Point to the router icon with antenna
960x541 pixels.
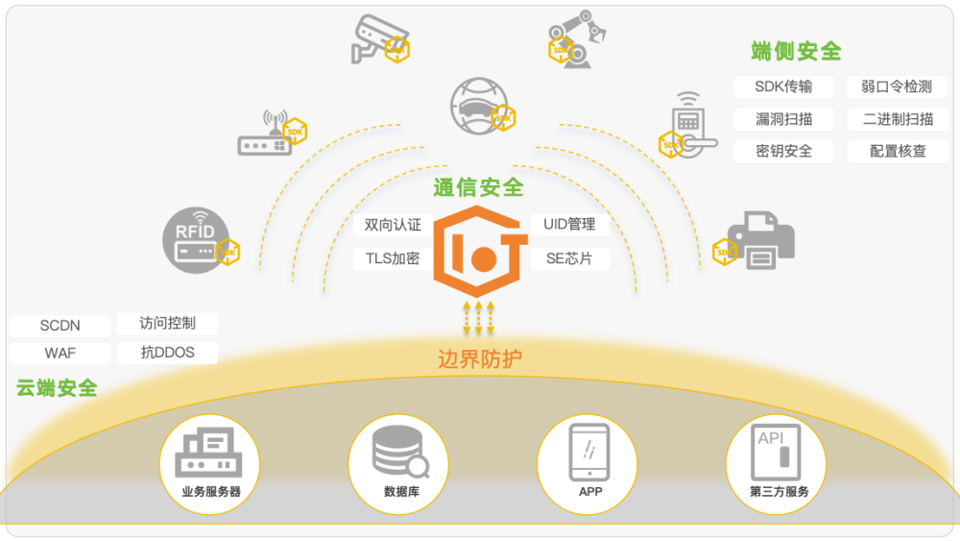tap(265, 137)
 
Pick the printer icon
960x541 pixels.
tap(759, 240)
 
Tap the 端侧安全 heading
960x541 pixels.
tap(796, 51)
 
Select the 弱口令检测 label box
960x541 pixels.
tap(896, 86)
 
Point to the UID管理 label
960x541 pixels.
tap(569, 225)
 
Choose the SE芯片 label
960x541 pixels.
tap(569, 258)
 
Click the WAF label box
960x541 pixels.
tap(60, 353)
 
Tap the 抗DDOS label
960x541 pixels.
tap(167, 353)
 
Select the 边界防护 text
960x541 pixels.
tap(480, 359)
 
